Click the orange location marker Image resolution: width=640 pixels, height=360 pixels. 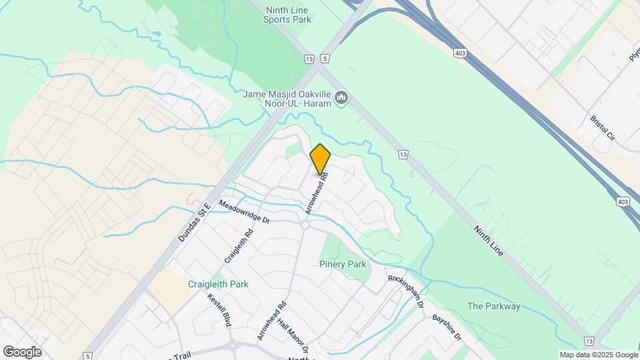click(x=320, y=159)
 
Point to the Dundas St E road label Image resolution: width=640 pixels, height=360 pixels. click(x=194, y=222)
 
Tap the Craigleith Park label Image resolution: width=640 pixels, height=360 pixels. click(x=218, y=284)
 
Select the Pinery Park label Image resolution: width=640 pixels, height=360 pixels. click(x=343, y=265)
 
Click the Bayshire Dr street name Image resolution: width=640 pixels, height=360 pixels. click(x=447, y=328)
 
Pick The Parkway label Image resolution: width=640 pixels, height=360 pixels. click(x=493, y=307)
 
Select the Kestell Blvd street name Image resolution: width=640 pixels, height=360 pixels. click(x=219, y=311)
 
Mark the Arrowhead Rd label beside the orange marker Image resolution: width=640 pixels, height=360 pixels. click(x=317, y=193)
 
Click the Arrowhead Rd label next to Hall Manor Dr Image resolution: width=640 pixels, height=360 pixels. click(x=271, y=321)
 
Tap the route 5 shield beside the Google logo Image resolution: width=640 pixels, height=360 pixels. click(x=88, y=357)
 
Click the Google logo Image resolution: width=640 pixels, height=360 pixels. click(x=22, y=352)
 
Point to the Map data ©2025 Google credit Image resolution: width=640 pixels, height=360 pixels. click(x=598, y=355)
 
